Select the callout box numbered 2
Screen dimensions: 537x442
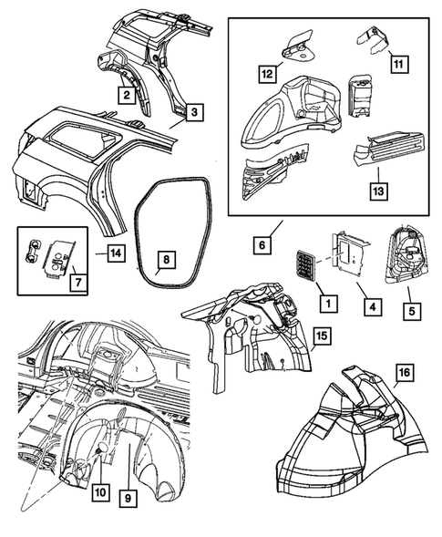[x=128, y=92]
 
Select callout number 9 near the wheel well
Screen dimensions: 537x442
[x=128, y=498]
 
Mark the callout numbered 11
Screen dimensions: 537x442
[x=398, y=64]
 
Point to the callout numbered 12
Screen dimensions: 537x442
[x=265, y=72]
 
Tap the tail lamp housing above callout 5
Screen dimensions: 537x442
[x=406, y=254]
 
